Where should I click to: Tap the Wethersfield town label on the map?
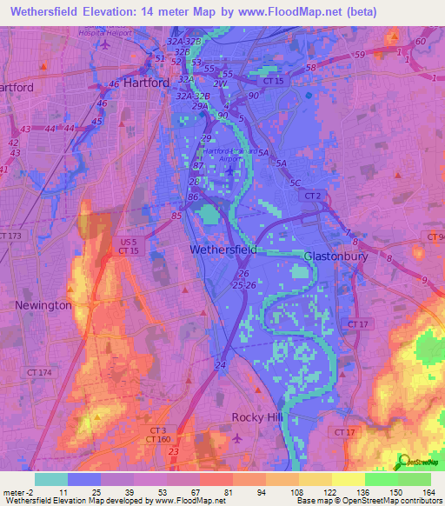pos(222,250)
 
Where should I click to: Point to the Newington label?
pos(43,305)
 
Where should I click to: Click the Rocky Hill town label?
pos(257,417)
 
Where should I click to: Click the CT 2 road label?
pos(312,197)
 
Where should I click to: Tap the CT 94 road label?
pos(435,237)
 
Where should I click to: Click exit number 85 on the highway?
pos(177,216)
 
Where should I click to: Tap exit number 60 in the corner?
pos(420,42)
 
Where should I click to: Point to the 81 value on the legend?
pos(216,491)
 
